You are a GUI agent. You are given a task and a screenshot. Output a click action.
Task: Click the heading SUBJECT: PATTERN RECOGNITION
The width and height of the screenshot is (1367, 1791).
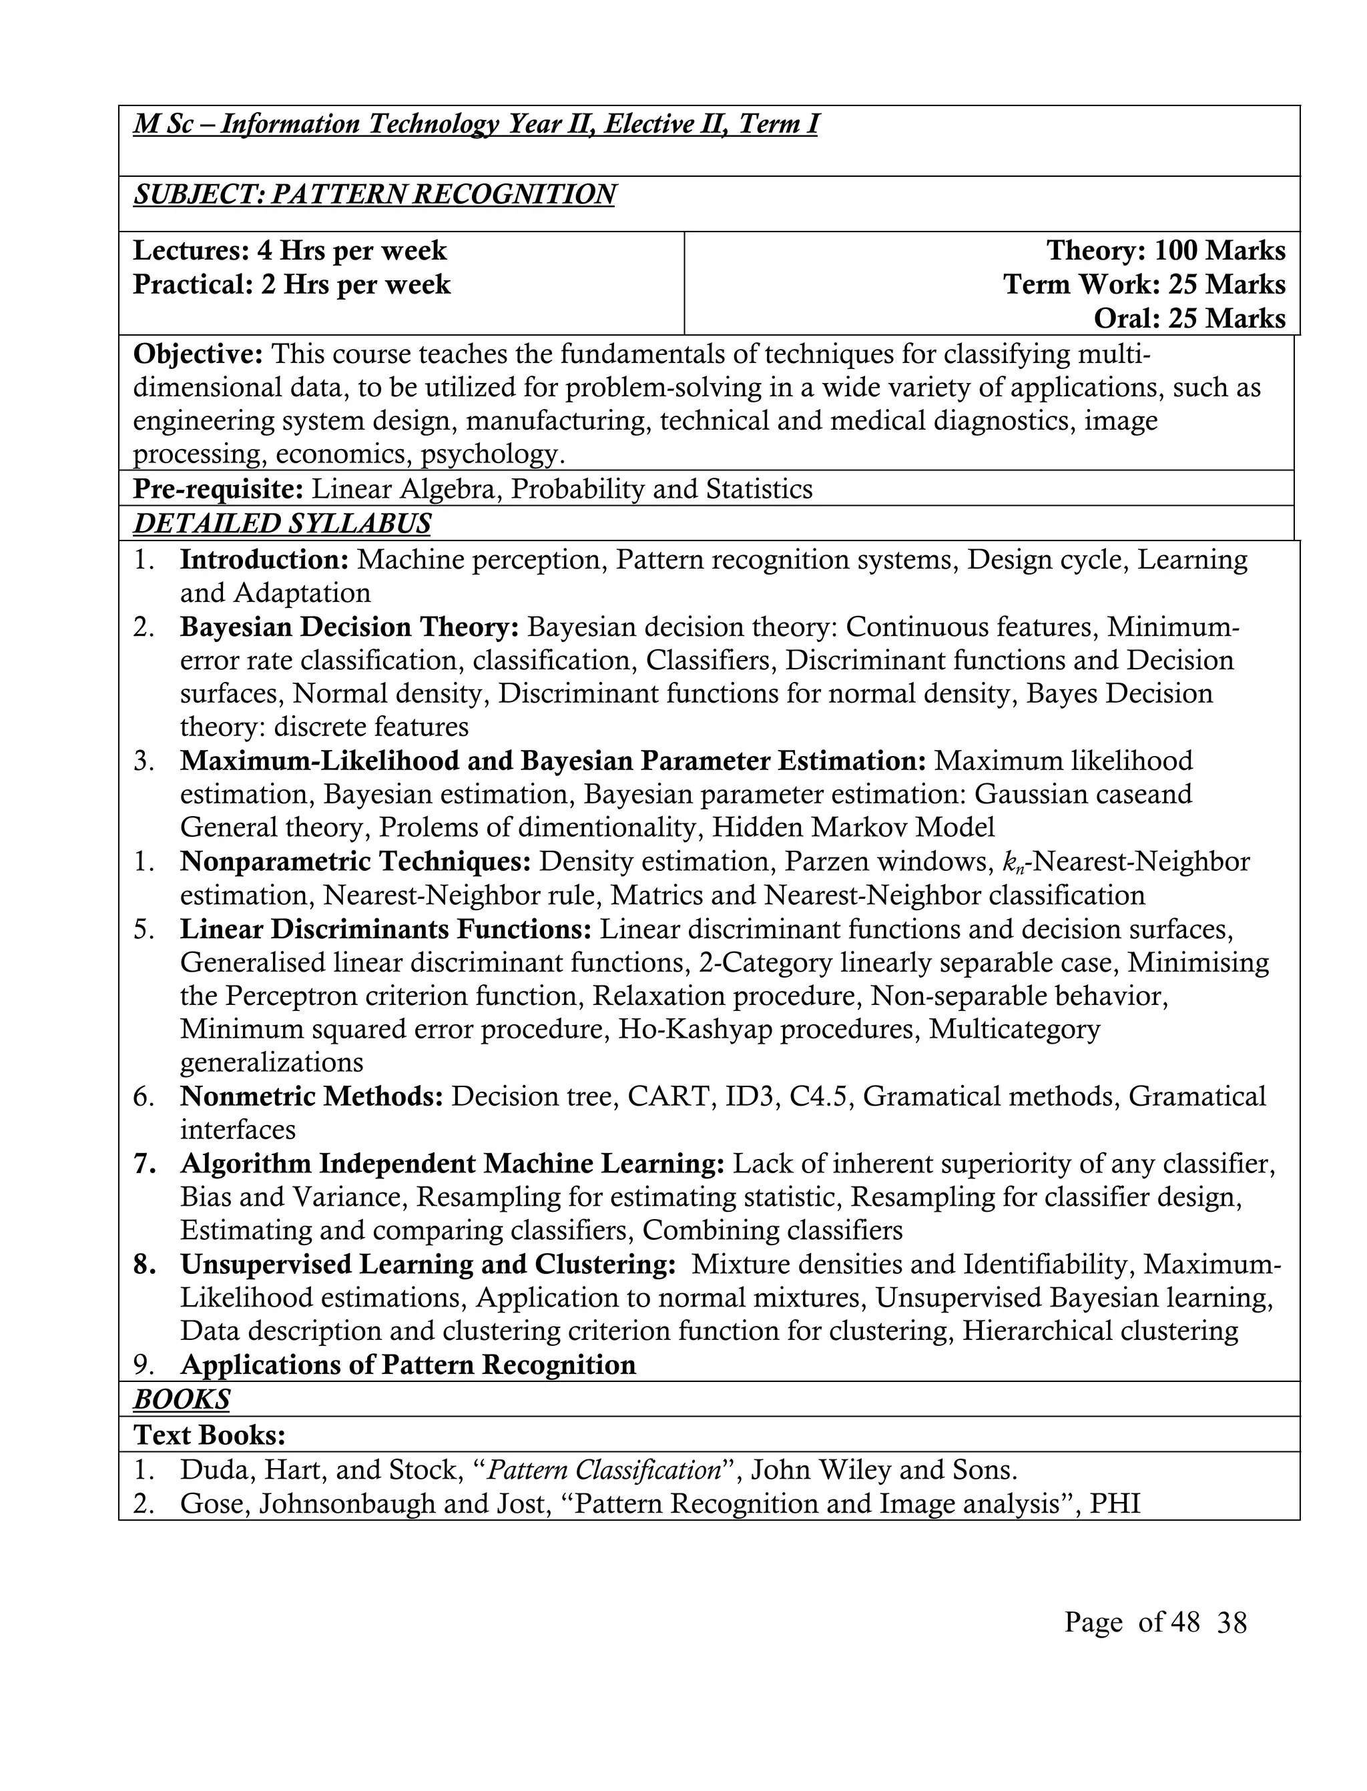tap(374, 194)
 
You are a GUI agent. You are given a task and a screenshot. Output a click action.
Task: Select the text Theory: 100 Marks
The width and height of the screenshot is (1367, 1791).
tap(1165, 250)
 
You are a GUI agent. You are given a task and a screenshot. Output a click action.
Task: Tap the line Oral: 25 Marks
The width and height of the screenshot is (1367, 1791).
tap(1189, 318)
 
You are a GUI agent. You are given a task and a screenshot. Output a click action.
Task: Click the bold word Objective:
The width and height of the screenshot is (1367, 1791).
tap(198, 354)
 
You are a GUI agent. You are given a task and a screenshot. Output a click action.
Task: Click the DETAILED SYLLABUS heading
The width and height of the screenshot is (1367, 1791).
tap(282, 523)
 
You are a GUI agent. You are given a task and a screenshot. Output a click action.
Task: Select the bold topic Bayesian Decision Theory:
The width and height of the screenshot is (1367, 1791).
tap(349, 627)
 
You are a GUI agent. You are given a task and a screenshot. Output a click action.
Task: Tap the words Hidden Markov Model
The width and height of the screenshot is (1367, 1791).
tap(853, 827)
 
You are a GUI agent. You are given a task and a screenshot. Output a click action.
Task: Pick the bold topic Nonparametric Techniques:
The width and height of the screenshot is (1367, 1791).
tap(356, 861)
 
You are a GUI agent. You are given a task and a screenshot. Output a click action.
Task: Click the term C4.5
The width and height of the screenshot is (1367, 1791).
tap(818, 1096)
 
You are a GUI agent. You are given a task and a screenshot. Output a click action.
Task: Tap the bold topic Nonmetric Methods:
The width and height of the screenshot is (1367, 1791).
tap(312, 1096)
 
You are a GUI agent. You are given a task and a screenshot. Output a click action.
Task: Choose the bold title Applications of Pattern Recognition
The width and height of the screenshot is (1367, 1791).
tap(408, 1364)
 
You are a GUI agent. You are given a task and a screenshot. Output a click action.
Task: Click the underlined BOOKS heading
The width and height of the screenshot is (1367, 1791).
tap(182, 1399)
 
